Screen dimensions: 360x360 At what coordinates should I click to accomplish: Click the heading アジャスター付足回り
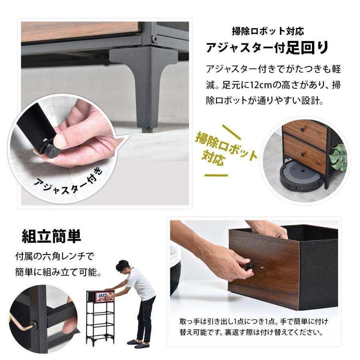[267, 48]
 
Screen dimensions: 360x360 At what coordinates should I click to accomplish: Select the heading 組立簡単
[51, 236]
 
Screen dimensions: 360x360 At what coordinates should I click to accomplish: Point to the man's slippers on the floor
[138, 344]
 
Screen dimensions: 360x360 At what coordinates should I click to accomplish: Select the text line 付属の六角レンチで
[51, 255]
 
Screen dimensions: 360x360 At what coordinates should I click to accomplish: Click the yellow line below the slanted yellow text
[216, 175]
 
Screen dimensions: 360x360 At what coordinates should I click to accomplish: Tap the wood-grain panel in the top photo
[80, 31]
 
